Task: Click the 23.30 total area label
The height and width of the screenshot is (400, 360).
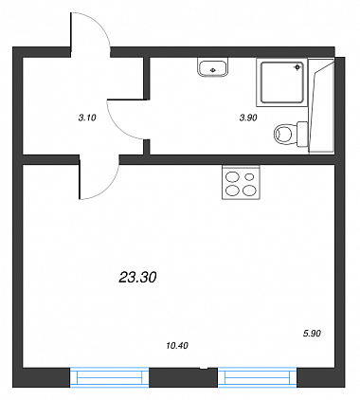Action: [137, 278]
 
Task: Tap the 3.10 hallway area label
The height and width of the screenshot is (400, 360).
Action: [87, 118]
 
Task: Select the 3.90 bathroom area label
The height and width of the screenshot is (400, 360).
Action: [248, 118]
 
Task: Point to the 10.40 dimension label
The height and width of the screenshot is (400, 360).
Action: [177, 346]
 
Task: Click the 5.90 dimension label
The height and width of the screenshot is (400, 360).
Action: [312, 334]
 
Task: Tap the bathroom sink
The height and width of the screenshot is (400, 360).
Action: [213, 67]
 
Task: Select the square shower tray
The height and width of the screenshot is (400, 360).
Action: [282, 82]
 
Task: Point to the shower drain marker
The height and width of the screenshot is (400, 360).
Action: [297, 67]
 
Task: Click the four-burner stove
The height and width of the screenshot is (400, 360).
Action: [241, 183]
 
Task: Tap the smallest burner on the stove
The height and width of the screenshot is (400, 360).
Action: [249, 176]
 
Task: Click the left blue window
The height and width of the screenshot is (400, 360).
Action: [109, 377]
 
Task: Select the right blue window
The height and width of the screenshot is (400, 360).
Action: [258, 377]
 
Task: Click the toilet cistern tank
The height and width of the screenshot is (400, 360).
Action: [302, 135]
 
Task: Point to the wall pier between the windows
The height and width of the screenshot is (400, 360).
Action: [184, 377]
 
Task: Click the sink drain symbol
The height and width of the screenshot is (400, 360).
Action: [213, 70]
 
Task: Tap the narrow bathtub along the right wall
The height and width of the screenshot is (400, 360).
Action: [321, 106]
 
